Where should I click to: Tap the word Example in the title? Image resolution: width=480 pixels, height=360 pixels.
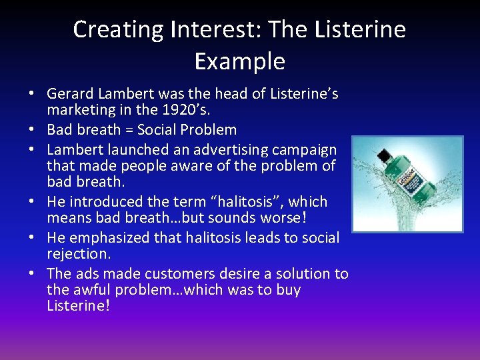[x=239, y=61]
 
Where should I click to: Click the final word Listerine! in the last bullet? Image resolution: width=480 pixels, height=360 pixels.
[x=77, y=306]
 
